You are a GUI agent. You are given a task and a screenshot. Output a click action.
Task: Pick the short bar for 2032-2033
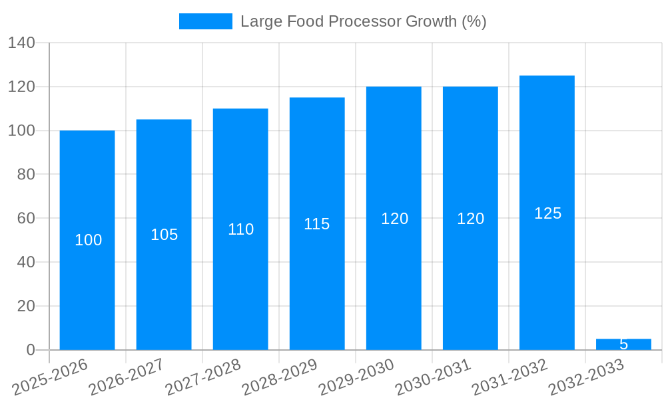pyautogui.click(x=623, y=344)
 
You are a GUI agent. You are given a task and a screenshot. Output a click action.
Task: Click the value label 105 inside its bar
pyautogui.click(x=165, y=235)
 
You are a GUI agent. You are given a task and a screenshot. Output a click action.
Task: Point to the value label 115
pyautogui.click(x=317, y=224)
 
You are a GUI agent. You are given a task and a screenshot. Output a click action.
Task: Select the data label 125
pyautogui.click(x=547, y=213)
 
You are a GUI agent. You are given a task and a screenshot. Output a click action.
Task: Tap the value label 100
pyautogui.click(x=88, y=240)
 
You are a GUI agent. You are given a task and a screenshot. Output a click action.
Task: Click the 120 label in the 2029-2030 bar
pyautogui.click(x=394, y=219)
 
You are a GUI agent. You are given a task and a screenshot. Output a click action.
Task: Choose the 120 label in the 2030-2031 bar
pyautogui.click(x=470, y=219)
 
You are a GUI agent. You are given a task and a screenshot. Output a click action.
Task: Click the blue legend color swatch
pyautogui.click(x=206, y=21)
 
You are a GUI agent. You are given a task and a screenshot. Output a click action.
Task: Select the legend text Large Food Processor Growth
pyautogui.click(x=363, y=21)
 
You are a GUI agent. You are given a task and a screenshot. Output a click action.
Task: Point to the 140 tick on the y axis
pyautogui.click(x=21, y=43)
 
